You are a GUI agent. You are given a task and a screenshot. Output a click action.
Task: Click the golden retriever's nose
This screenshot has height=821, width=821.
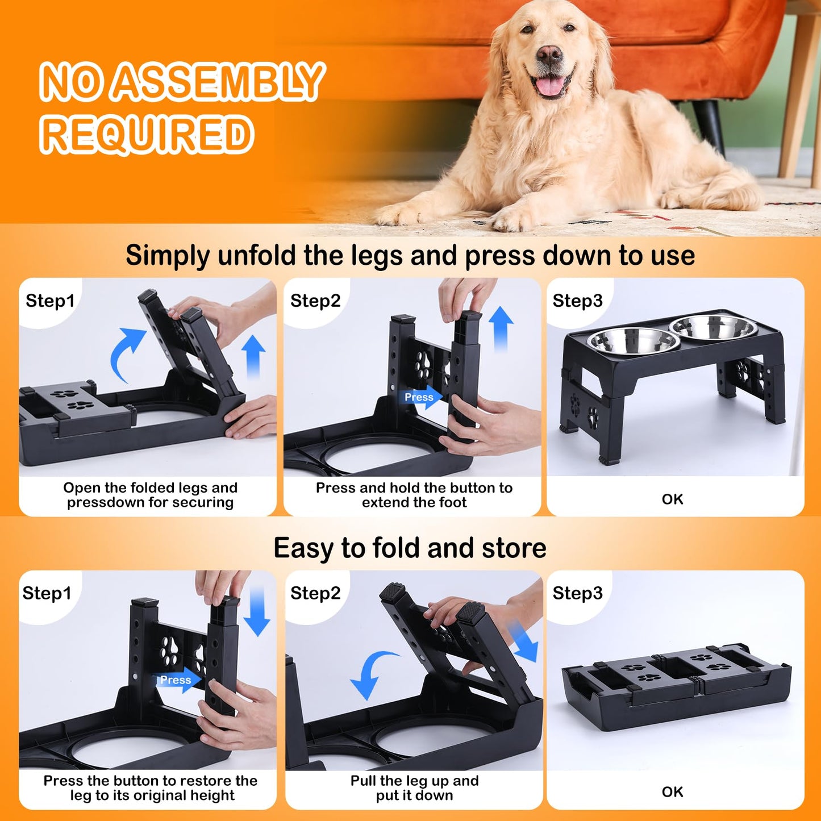tap(549, 55)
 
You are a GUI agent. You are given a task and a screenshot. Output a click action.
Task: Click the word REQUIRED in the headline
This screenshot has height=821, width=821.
tap(147, 134)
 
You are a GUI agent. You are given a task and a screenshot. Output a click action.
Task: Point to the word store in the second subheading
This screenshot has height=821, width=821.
tap(514, 548)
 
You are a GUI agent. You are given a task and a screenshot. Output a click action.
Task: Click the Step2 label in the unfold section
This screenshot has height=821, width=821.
tap(315, 301)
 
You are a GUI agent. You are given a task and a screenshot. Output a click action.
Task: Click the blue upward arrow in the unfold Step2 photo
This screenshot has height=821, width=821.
tap(501, 328)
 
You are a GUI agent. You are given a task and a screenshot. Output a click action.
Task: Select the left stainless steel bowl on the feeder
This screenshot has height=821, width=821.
tap(633, 341)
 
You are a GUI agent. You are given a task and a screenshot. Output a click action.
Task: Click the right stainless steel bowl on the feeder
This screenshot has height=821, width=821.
tap(714, 327)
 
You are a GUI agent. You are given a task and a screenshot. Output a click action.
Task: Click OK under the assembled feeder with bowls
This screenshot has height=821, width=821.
tap(673, 499)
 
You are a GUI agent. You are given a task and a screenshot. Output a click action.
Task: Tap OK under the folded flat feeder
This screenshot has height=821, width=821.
tap(673, 791)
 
